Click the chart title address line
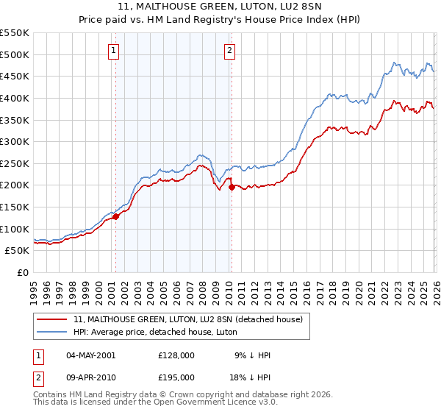220,7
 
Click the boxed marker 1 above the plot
115,51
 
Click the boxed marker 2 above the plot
230,51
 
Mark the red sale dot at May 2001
115,216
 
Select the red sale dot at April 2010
232,187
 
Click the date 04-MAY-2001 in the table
90,355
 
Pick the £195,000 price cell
176,377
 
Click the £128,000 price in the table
176,355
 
